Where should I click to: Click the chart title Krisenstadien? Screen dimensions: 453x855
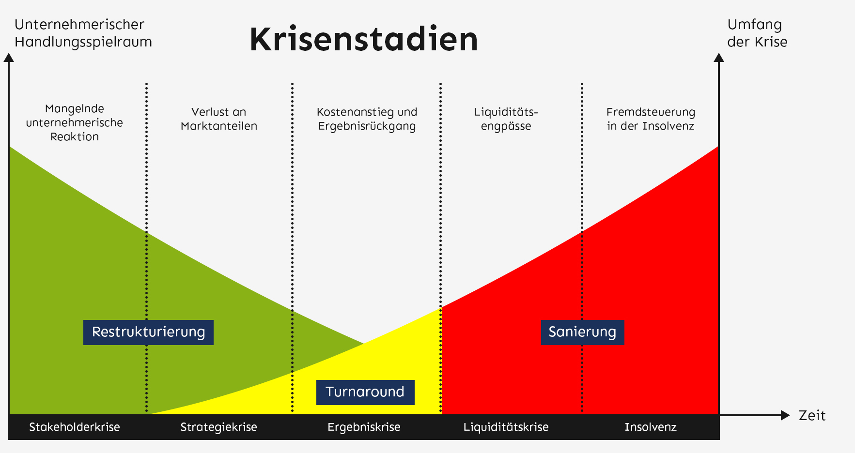pyautogui.click(x=364, y=39)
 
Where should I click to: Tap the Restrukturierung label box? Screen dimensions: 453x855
pyautogui.click(x=148, y=332)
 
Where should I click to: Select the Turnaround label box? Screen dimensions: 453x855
pyautogui.click(x=365, y=392)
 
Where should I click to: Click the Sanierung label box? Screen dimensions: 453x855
pyautogui.click(x=582, y=332)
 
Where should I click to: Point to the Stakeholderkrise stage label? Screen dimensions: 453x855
pyautogui.click(x=75, y=427)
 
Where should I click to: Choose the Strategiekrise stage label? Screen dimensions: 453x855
pyautogui.click(x=218, y=427)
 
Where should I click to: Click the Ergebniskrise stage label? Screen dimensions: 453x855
pyautogui.click(x=364, y=427)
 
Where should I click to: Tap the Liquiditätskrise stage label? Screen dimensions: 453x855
pyautogui.click(x=506, y=427)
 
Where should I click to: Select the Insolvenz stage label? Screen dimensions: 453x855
pyautogui.click(x=650, y=427)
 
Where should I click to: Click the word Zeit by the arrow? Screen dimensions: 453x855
pyautogui.click(x=812, y=416)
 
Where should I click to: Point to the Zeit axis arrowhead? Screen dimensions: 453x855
pyautogui.click(x=785, y=415)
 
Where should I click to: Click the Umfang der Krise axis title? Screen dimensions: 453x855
pyautogui.click(x=757, y=33)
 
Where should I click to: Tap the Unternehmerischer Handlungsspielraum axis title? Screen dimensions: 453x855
pyautogui.click(x=83, y=33)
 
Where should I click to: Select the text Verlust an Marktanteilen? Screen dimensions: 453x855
pyautogui.click(x=218, y=119)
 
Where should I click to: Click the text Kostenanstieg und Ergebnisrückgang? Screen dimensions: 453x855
pyautogui.click(x=367, y=119)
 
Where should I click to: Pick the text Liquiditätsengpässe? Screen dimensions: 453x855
pyautogui.click(x=506, y=119)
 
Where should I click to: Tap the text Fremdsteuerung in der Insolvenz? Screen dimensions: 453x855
pyautogui.click(x=651, y=119)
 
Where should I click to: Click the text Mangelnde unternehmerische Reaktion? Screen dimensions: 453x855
pyautogui.click(x=75, y=122)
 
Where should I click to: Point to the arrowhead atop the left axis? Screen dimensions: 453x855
pyautogui.click(x=9, y=58)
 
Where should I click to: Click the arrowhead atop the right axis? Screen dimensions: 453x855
pyautogui.click(x=719, y=58)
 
